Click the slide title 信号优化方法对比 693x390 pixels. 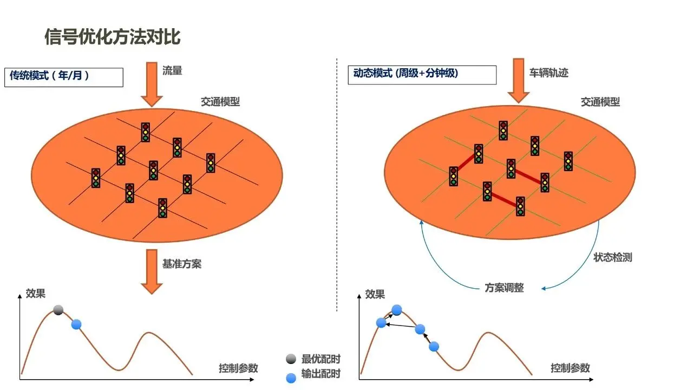click(112, 37)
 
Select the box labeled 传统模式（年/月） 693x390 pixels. click(64, 76)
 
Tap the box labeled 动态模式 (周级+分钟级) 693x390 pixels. click(422, 74)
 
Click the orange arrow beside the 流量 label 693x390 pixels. click(152, 84)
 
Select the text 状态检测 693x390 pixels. click(612, 258)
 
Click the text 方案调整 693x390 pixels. click(504, 288)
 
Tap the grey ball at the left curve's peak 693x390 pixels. click(58, 310)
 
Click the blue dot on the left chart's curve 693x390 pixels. click(76, 324)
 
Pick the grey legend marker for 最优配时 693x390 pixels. click(291, 359)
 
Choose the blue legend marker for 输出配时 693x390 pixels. click(291, 378)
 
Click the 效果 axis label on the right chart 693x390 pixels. click(375, 295)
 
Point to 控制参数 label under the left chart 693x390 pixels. click(238, 368)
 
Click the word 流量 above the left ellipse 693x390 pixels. click(172, 70)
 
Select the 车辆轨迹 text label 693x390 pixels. click(549, 72)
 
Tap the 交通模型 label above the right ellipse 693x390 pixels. click(600, 102)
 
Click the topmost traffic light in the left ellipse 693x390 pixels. click(146, 132)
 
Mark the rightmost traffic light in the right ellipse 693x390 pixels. click(568, 161)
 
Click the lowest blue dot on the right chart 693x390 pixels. click(434, 346)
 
